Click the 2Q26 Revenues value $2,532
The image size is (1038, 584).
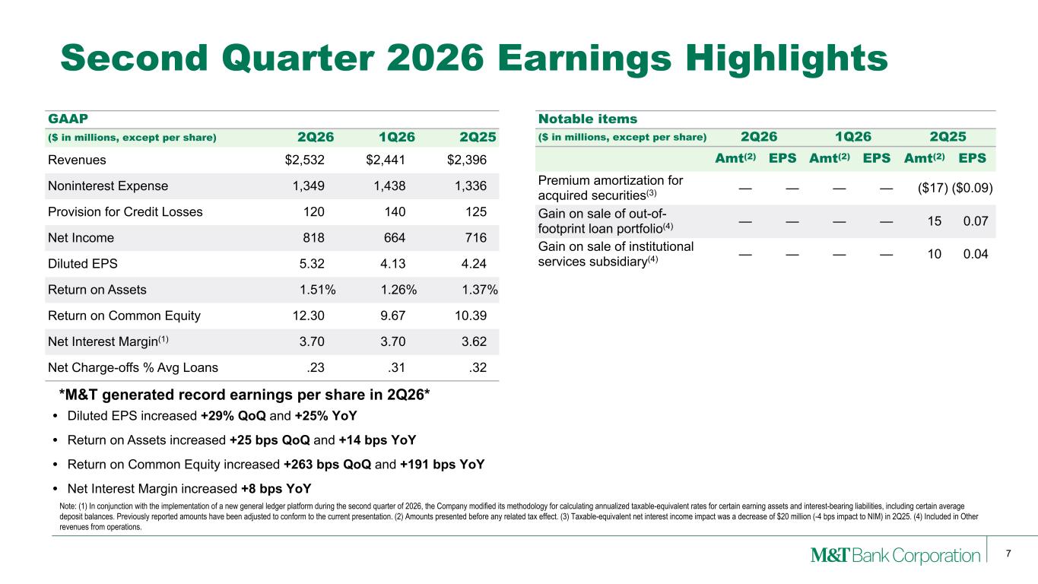(x=304, y=160)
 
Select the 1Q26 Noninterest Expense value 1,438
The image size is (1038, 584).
(x=389, y=186)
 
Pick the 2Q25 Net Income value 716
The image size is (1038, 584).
(x=475, y=238)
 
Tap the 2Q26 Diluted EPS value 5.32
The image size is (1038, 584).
(x=312, y=264)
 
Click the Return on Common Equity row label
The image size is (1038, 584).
(x=124, y=316)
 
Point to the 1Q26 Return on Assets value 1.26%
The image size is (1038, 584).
(x=398, y=290)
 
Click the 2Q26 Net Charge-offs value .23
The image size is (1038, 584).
(x=315, y=367)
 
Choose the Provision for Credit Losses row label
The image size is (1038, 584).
(x=125, y=212)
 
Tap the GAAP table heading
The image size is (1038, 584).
(x=68, y=119)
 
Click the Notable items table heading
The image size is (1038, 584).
(x=588, y=119)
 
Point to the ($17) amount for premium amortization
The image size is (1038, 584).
(x=932, y=188)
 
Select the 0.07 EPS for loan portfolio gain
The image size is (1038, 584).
(x=976, y=221)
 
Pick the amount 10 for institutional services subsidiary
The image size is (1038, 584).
(x=934, y=254)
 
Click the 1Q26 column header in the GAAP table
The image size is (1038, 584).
(x=397, y=137)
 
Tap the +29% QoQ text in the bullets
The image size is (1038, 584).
(x=233, y=416)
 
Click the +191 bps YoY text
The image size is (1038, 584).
(x=442, y=465)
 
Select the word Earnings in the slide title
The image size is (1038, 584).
(x=584, y=59)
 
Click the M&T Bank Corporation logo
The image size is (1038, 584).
(x=895, y=555)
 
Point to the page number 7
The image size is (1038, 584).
(x=1008, y=554)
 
